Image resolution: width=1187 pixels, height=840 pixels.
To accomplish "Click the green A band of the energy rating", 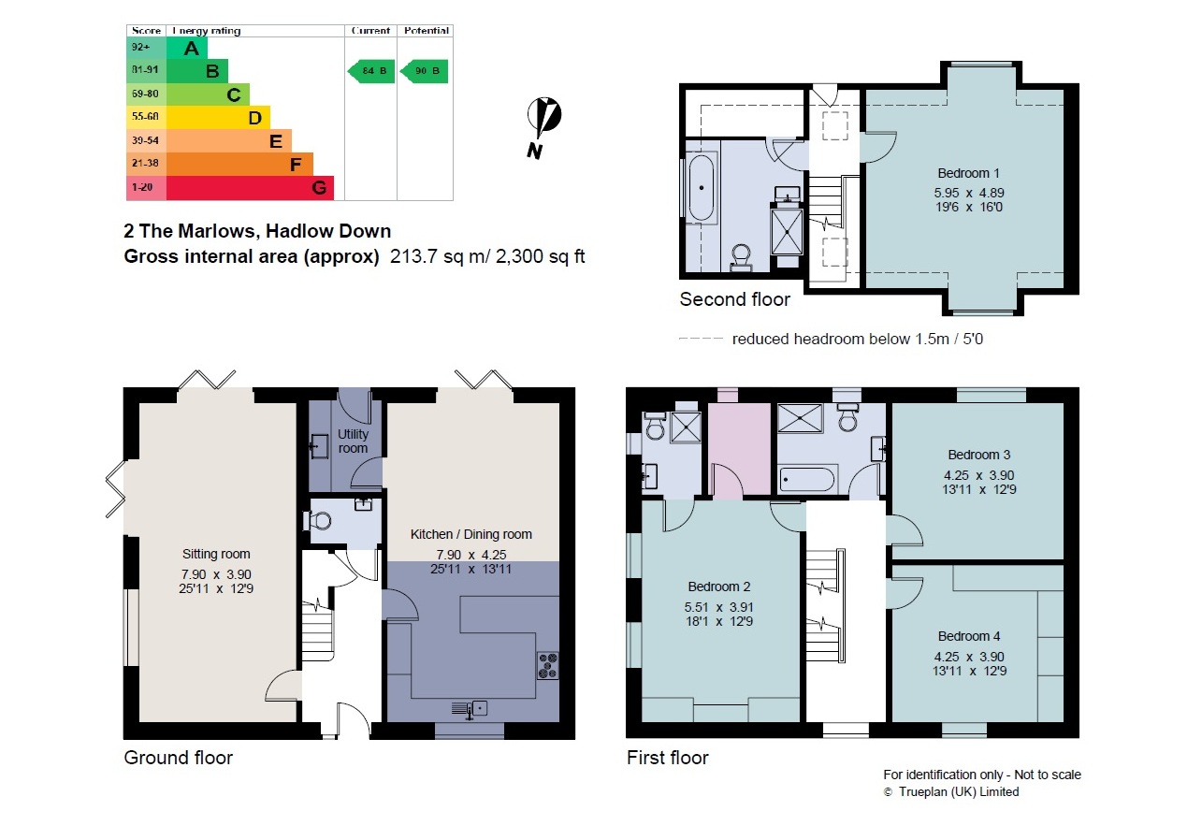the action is coord(187,49).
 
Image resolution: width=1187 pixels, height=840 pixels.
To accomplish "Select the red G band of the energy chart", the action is coord(250,188).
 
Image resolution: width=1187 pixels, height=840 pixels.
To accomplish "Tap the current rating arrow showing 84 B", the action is coord(371,71).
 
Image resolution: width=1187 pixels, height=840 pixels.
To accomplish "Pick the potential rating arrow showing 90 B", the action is coord(424,71).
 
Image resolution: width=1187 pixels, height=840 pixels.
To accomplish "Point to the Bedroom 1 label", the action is coord(968,173).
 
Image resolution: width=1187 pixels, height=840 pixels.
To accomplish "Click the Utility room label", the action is coord(353,441).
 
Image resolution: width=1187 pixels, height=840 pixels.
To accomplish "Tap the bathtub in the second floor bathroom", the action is coord(702,188).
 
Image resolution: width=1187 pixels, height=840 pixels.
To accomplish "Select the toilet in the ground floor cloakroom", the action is coord(317,520).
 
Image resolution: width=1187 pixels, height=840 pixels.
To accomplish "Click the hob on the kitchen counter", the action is coord(548,666).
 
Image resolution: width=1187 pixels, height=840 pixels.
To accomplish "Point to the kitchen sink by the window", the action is coord(470,708).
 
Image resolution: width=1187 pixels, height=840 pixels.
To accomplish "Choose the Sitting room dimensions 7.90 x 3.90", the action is coord(216,574).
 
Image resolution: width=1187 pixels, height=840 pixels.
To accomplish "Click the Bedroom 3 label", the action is coord(978,455).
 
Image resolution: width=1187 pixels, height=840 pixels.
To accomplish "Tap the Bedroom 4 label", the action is coord(969,636).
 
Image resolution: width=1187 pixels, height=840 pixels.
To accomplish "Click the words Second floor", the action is coord(734,299).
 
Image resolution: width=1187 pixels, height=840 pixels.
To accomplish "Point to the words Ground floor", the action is coord(178,758).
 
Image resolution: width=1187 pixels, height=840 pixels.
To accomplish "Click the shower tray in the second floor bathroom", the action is coord(788,233).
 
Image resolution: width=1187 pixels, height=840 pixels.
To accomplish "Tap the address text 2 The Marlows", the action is coord(190,231).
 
